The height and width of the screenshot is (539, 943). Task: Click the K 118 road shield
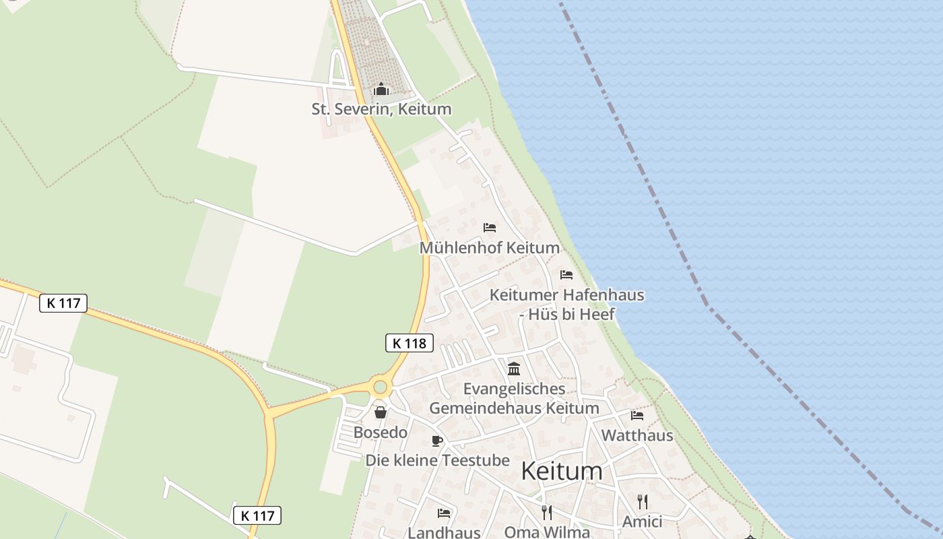(x=409, y=343)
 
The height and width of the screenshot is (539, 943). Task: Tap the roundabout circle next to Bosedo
(x=381, y=387)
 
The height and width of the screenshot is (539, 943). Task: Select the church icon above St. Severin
(x=381, y=89)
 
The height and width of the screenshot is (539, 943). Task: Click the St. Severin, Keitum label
(x=381, y=109)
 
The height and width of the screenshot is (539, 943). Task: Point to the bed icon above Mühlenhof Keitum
(x=490, y=228)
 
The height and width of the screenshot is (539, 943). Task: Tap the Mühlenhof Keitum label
(x=490, y=248)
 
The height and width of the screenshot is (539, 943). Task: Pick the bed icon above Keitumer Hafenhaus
(x=566, y=275)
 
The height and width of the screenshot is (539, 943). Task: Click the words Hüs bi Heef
(x=571, y=314)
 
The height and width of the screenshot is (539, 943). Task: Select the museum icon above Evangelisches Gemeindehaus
(x=514, y=369)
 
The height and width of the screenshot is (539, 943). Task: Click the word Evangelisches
(x=515, y=389)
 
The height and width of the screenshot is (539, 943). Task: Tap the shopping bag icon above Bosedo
(x=381, y=412)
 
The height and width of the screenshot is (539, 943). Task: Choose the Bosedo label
(x=381, y=433)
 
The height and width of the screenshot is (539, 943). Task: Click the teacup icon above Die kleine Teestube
(x=437, y=441)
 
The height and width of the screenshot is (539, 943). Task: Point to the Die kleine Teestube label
(x=437, y=461)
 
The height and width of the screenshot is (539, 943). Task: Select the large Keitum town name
(x=562, y=471)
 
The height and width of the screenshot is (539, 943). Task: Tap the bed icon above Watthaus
(x=637, y=416)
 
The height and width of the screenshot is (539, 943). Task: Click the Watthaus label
(x=637, y=435)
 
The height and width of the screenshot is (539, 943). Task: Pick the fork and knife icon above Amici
(x=642, y=501)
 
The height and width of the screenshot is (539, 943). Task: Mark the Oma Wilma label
(x=547, y=532)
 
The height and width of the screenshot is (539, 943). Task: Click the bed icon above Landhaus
(x=444, y=513)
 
